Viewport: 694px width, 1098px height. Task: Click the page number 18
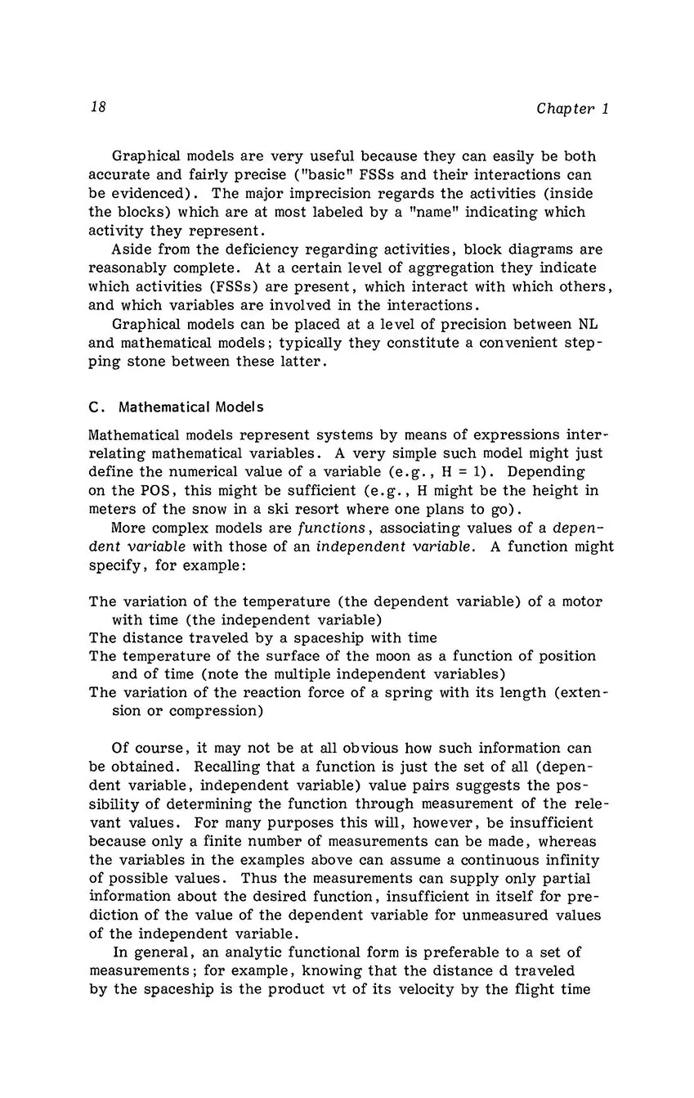98,108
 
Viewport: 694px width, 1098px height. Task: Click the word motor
584,601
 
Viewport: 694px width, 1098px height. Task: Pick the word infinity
573,861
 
